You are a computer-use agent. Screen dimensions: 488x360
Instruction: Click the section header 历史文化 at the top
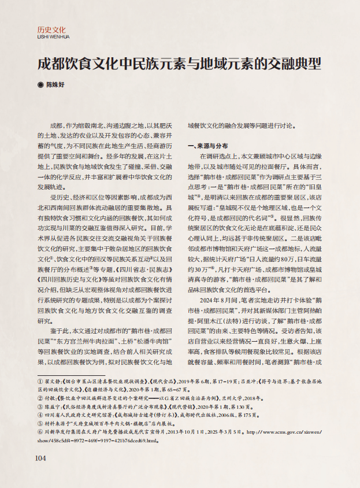click(x=51, y=29)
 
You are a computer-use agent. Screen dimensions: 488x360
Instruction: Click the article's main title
click(x=179, y=63)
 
